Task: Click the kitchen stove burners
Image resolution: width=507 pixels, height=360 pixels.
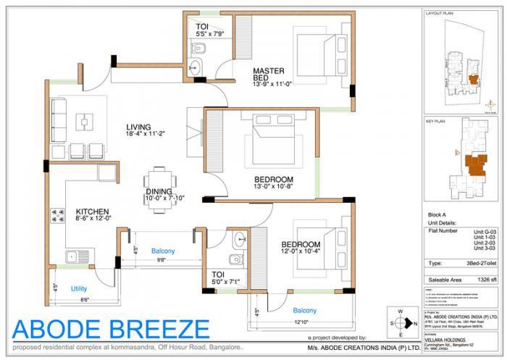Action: click(56, 215)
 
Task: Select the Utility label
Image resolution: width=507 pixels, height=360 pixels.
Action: click(79, 288)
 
